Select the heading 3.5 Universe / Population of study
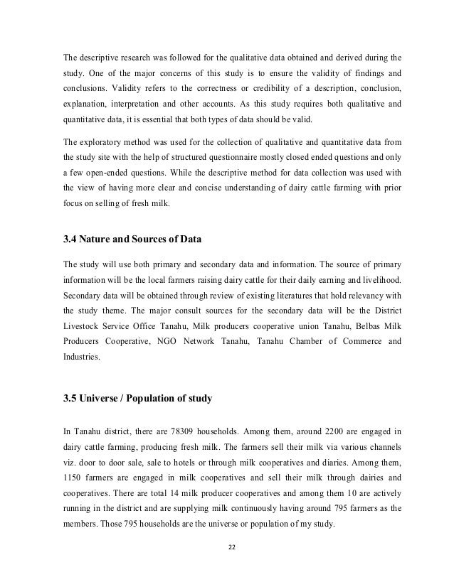pyautogui.click(x=138, y=399)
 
